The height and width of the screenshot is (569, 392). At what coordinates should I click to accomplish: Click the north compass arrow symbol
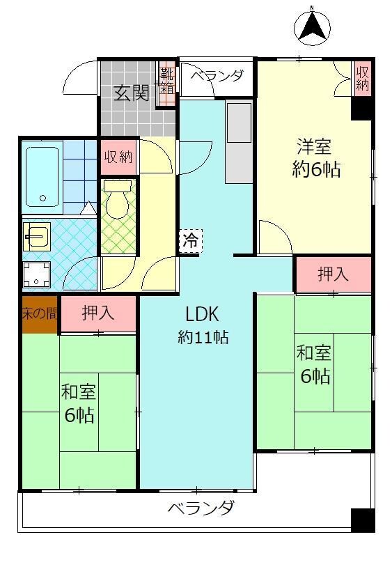(311, 27)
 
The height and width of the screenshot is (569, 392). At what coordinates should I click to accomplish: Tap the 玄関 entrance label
(131, 92)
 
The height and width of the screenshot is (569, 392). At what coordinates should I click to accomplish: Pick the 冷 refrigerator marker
(190, 241)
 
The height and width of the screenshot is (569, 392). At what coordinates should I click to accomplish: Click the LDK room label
(202, 314)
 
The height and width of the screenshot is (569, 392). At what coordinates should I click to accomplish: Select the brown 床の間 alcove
(39, 313)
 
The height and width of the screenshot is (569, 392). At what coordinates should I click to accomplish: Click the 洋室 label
(314, 147)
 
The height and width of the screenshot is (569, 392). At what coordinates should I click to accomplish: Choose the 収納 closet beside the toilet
(118, 156)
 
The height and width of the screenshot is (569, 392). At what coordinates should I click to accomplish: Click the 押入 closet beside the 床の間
(98, 313)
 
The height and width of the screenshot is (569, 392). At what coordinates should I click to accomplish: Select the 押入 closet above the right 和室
(333, 274)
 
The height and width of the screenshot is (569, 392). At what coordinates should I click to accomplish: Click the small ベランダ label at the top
(217, 76)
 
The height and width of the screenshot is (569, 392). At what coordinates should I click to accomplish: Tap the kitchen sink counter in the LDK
(238, 142)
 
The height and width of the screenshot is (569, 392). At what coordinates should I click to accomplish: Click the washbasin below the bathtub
(36, 237)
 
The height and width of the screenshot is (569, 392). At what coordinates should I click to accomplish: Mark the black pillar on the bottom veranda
(362, 520)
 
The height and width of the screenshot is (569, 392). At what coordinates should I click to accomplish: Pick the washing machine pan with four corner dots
(36, 274)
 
